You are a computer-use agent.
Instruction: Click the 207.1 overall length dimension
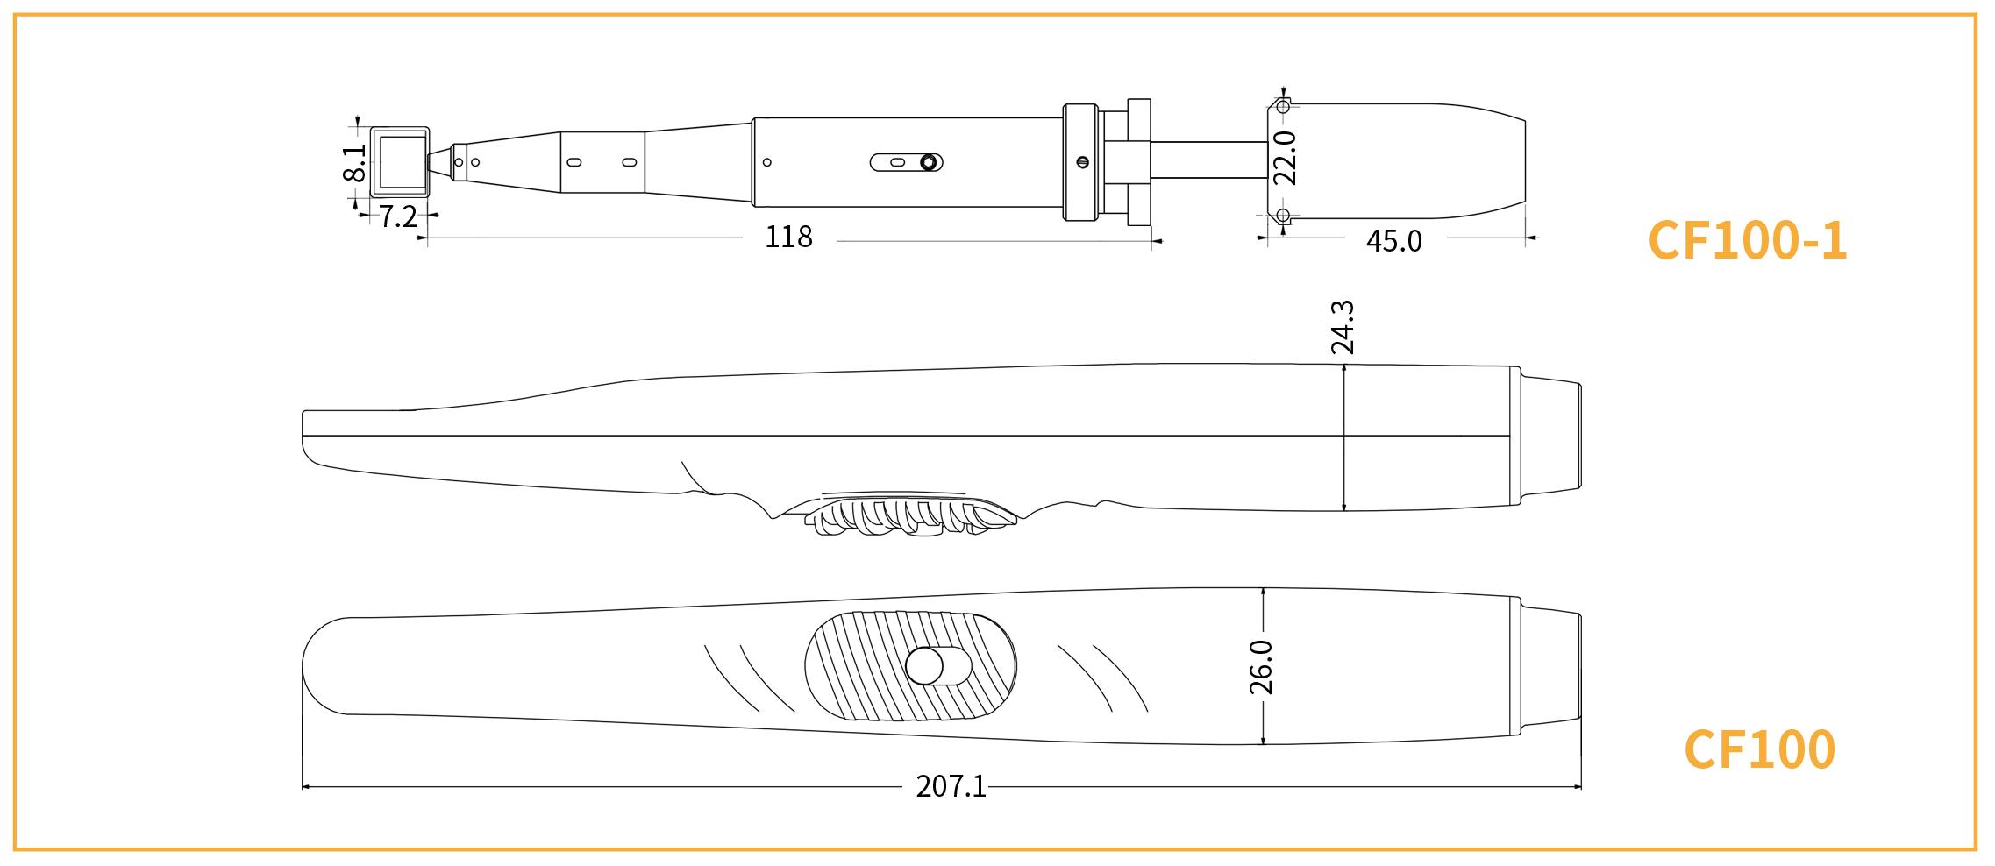951,786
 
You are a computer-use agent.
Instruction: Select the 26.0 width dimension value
1261,667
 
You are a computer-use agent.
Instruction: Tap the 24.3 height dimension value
1343,328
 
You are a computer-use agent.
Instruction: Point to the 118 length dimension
788,237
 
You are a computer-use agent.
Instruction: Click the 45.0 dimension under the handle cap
1393,240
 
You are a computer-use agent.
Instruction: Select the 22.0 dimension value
1285,158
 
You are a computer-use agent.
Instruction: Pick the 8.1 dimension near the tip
354,162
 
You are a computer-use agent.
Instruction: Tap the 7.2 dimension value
397,216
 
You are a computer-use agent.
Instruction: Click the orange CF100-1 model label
1747,240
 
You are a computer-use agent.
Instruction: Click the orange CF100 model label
1759,749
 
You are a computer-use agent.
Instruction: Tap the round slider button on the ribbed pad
924,666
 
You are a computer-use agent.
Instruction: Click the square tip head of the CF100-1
400,161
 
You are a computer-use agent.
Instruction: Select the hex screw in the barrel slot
928,162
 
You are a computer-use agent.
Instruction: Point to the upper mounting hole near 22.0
1282,107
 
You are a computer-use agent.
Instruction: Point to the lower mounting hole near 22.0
1282,215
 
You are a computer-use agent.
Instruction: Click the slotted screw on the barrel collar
1081,161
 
